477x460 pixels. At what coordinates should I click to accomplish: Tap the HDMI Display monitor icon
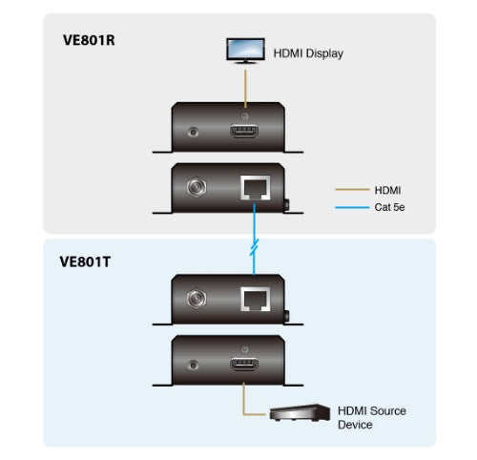click(x=246, y=50)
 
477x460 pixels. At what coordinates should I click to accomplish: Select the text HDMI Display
click(x=308, y=53)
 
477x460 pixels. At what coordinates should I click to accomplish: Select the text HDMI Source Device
click(x=371, y=417)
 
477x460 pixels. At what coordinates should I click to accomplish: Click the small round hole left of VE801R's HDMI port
click(x=197, y=129)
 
